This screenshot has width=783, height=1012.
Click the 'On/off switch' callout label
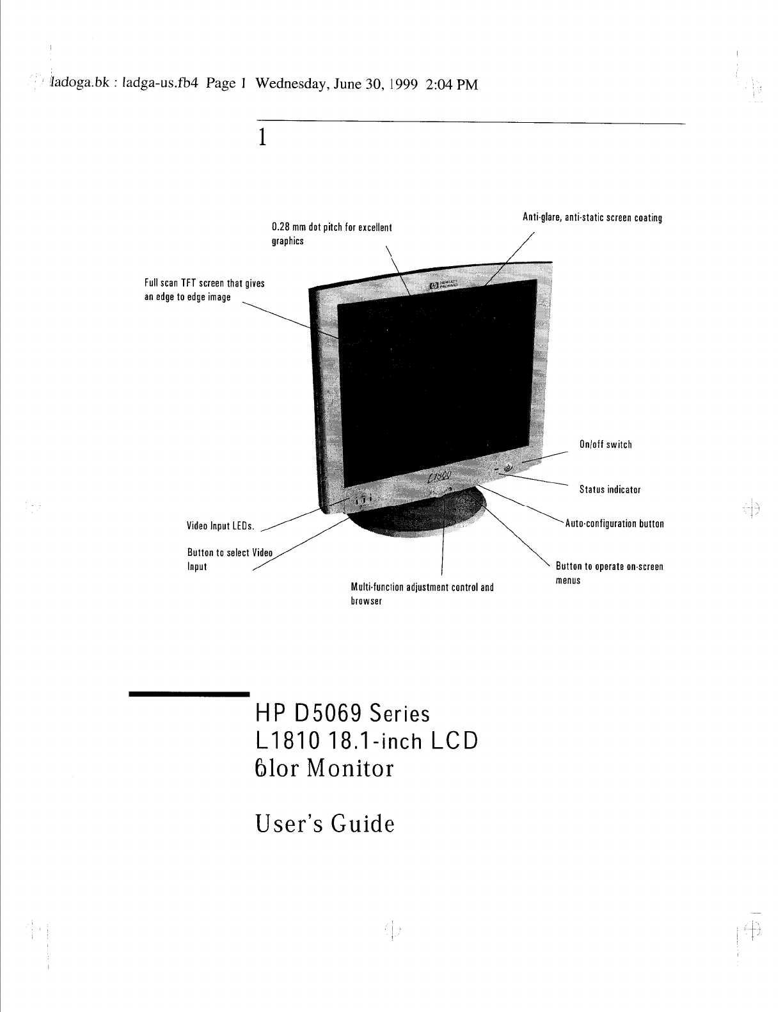tap(605, 445)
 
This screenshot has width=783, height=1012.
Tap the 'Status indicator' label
tap(610, 490)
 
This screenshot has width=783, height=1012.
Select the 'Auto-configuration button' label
tap(615, 524)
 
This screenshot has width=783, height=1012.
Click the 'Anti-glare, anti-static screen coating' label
tap(592, 217)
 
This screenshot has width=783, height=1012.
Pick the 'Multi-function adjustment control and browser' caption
tap(422, 594)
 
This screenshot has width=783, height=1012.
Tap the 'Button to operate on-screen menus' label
tap(609, 573)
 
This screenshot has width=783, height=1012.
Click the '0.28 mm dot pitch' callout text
tap(331, 234)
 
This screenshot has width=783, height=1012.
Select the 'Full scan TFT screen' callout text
tap(205, 290)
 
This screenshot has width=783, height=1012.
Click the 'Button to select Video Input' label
tap(230, 560)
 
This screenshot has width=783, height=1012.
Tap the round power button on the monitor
tap(509, 468)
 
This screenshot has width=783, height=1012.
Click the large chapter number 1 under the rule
tap(261, 138)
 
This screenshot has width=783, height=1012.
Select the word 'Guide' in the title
tap(363, 823)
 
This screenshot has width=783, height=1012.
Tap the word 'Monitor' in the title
tap(350, 768)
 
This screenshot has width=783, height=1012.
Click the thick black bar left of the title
tap(189, 693)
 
